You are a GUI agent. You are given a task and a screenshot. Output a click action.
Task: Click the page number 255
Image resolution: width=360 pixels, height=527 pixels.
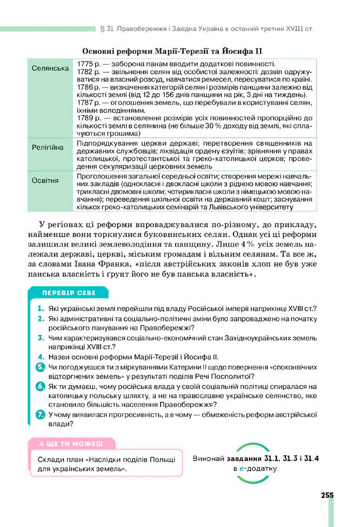[327, 495]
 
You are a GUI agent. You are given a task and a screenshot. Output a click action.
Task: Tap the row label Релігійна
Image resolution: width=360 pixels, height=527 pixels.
[48, 148]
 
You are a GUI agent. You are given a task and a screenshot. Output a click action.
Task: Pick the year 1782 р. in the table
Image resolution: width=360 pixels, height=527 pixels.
[88, 72]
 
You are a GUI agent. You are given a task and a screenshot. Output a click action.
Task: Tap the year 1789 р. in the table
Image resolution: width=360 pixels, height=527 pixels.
[88, 119]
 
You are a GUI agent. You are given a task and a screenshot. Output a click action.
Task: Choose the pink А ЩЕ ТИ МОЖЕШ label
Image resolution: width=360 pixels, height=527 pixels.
[70, 444]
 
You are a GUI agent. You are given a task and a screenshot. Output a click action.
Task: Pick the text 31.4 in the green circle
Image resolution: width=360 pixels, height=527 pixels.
[310, 459]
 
